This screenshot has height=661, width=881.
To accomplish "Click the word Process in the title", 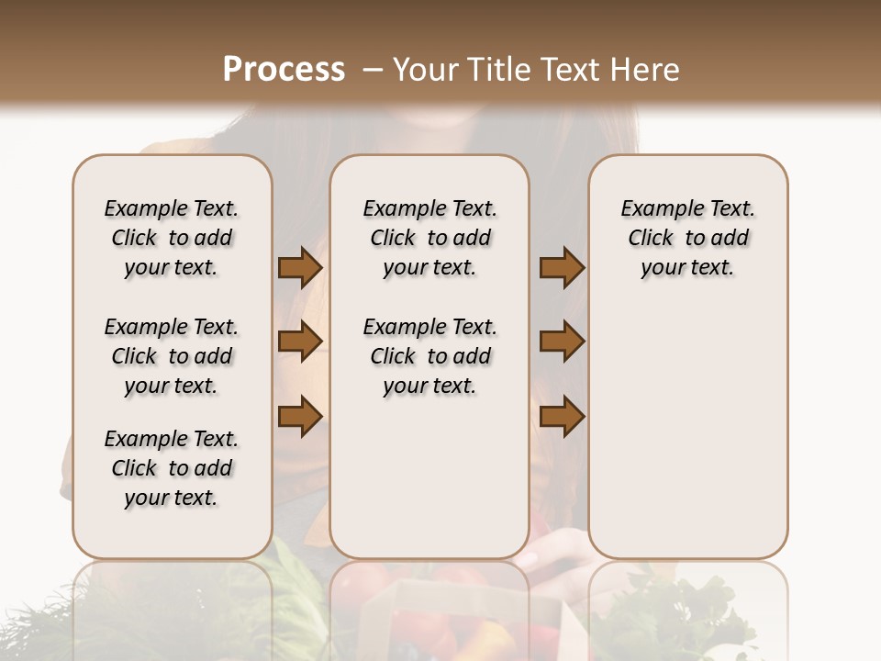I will coord(284,70).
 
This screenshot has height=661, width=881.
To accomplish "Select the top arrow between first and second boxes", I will coord(300,268).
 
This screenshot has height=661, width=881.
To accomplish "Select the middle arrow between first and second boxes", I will coord(300,342).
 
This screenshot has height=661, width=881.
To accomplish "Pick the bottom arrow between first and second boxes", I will coord(300,417).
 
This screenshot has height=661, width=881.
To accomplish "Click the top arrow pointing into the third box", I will coord(562,268).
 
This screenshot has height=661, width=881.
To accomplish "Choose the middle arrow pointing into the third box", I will coord(562,342).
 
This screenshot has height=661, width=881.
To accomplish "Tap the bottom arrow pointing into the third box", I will coord(562,417).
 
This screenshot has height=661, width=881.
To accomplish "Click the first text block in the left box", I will coord(172,238).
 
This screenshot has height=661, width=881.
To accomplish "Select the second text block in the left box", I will coord(172,356).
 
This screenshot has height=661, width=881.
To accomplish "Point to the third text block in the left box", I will coord(172,468).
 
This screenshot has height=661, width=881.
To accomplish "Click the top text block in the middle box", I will coord(429,238).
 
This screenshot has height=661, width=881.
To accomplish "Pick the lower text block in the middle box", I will coord(429,356).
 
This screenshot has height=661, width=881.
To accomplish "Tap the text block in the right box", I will coord(687,238).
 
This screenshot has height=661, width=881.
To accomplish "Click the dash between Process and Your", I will coord(373,71).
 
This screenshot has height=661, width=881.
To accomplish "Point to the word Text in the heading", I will coord(573,70).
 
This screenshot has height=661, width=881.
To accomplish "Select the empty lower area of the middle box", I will coord(429,477).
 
